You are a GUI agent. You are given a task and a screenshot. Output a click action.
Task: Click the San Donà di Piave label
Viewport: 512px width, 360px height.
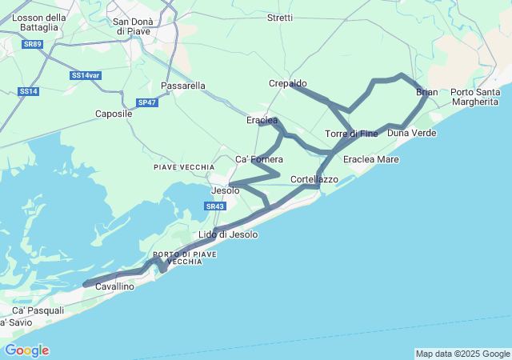(133, 26)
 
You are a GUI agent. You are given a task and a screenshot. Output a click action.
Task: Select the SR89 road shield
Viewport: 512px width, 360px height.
(32, 44)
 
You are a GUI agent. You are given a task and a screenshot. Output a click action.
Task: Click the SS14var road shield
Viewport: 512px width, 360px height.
(85, 75)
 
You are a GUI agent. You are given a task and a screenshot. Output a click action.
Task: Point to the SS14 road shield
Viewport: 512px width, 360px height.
(28, 91)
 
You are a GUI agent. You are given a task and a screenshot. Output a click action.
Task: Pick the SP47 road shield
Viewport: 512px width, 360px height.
(147, 102)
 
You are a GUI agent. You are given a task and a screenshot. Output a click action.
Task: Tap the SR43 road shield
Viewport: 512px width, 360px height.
(214, 206)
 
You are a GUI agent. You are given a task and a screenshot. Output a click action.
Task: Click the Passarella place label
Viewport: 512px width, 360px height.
(183, 86)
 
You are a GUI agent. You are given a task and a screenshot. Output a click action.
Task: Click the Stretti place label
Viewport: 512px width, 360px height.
(280, 18)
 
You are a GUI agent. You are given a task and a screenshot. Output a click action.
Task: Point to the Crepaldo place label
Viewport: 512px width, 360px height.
(287, 83)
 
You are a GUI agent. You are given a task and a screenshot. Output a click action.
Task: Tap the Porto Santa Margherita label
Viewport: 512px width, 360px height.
(477, 97)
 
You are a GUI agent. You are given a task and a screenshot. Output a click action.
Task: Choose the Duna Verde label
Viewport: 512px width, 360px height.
(411, 133)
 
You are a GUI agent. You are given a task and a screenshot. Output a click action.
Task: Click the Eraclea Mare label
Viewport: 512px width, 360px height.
(370, 160)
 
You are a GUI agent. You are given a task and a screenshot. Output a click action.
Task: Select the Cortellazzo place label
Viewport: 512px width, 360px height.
(314, 179)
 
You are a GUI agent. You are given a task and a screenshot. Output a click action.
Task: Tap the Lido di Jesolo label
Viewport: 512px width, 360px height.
(228, 234)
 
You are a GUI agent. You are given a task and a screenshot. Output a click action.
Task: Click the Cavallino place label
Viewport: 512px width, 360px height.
(114, 286)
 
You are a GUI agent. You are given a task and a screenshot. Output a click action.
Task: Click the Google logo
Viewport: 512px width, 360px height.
(26, 350)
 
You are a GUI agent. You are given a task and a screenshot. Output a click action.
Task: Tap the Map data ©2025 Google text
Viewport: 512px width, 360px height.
(462, 354)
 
